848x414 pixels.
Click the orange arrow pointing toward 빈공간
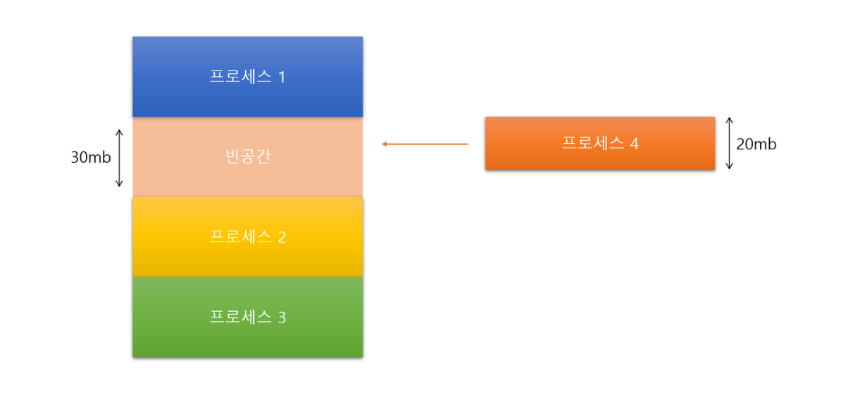[425, 144]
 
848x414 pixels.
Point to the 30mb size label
[91, 158]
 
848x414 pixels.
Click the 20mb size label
[756, 144]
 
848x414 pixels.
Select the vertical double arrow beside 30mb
[119, 158]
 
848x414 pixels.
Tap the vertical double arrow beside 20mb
[729, 144]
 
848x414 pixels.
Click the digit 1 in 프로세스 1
[282, 77]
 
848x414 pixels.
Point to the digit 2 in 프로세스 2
[282, 237]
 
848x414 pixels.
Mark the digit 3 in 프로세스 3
[282, 318]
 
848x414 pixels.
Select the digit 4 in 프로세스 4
[634, 144]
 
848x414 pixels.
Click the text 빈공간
[247, 157]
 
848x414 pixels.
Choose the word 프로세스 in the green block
[240, 318]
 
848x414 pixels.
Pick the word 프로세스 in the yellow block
[240, 237]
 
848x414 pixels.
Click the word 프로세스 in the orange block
[592, 144]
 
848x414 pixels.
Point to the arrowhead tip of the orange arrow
[383, 144]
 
